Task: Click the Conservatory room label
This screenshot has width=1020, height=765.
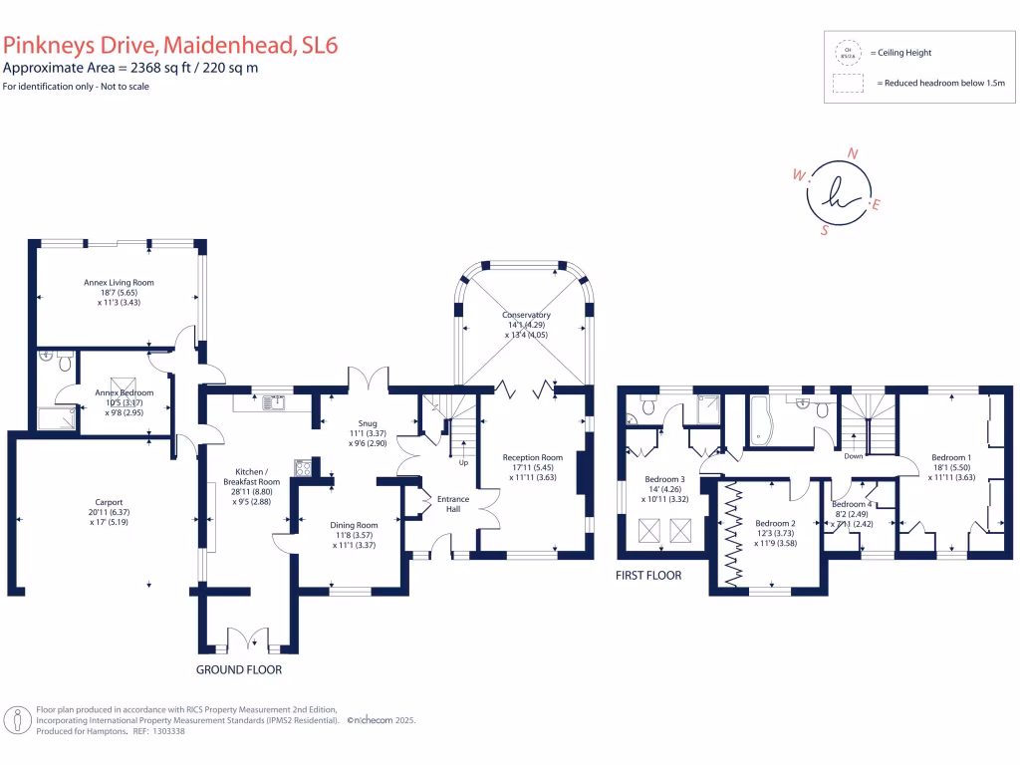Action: pos(526,316)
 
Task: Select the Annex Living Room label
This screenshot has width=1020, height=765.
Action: pos(119,283)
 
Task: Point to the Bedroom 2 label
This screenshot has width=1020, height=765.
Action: pos(774,523)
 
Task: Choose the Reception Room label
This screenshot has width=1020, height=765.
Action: pos(533,457)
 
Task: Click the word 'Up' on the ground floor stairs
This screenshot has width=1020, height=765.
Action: pos(462,463)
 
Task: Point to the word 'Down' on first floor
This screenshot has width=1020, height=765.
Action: pos(853,456)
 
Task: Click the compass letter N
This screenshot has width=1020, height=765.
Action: pos(853,153)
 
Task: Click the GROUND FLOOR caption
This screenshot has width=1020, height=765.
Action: pos(238,669)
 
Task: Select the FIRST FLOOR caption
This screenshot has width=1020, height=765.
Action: pos(649,575)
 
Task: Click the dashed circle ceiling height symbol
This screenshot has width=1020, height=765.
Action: pos(848,53)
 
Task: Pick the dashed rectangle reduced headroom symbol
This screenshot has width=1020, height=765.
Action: pos(848,84)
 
